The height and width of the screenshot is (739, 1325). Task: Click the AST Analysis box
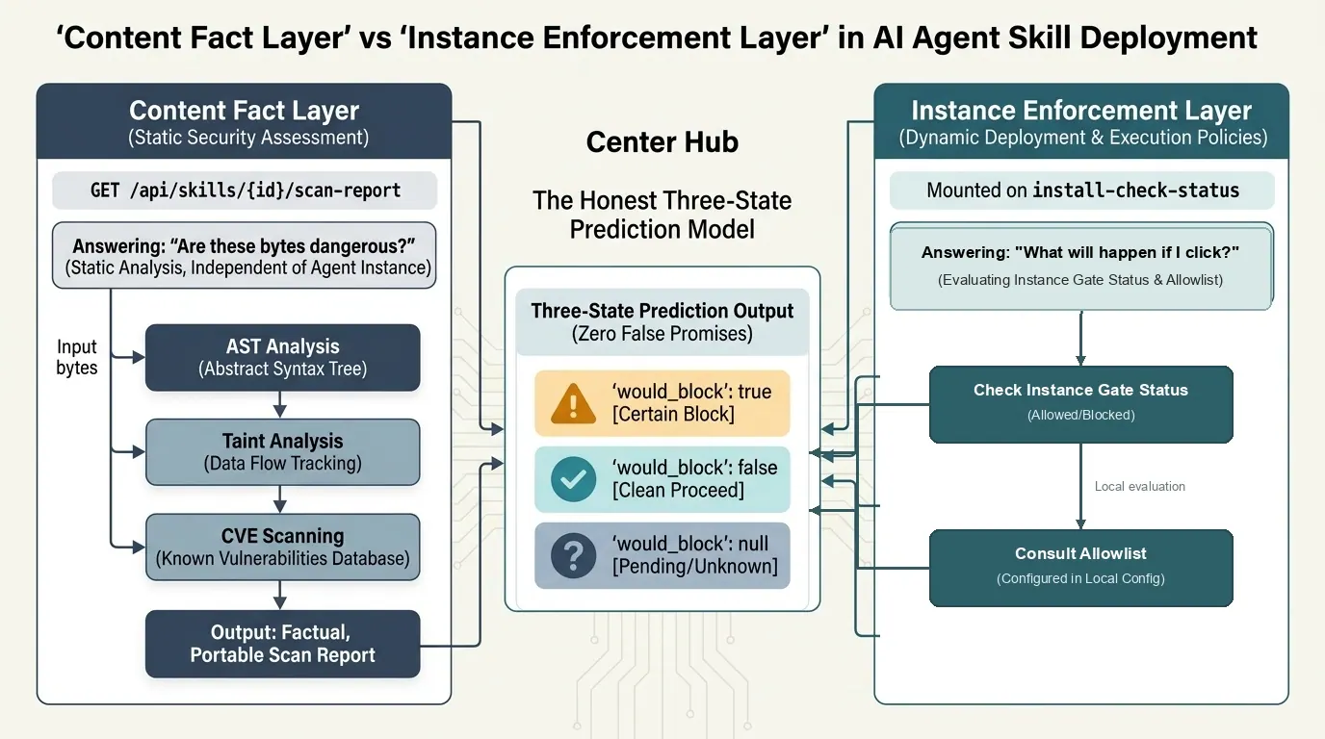tap(283, 357)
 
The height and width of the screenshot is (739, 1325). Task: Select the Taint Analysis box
tap(283, 452)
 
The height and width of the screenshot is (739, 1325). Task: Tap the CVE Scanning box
tap(283, 547)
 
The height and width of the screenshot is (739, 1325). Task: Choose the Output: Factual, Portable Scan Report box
tap(283, 644)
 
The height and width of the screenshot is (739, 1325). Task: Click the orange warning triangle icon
tap(573, 404)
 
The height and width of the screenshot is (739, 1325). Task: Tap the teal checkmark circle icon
tap(573, 479)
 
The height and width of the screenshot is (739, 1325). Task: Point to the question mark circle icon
tap(573, 556)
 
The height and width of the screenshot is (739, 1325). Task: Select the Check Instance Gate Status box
tap(1080, 404)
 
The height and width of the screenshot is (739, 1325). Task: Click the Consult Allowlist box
tap(1080, 568)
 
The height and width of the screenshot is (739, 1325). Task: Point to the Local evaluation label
tap(1140, 487)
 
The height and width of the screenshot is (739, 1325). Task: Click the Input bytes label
tap(77, 357)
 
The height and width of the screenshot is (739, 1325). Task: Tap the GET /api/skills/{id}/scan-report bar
tap(245, 191)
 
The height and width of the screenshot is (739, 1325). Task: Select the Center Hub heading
tap(662, 141)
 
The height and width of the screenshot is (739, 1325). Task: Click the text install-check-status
tap(1135, 191)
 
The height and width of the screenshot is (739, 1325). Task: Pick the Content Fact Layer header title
tap(245, 111)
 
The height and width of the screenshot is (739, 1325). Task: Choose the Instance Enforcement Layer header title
tap(1081, 111)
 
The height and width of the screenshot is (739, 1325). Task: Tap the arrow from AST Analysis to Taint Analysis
tap(280, 405)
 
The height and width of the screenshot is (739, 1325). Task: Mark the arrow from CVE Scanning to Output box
tap(280, 596)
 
